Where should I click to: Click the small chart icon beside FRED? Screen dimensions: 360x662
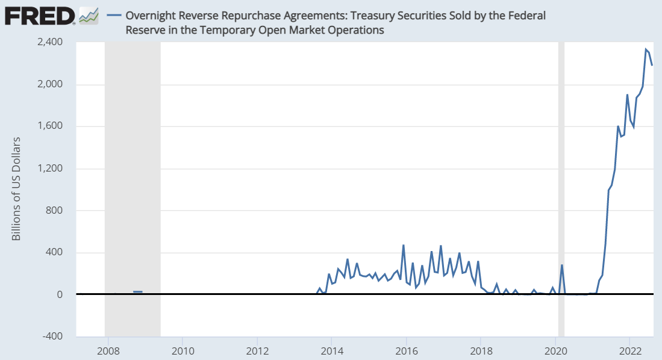(89, 16)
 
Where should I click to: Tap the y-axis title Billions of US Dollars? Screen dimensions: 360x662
(17, 189)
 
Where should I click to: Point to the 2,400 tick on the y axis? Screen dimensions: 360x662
(53, 42)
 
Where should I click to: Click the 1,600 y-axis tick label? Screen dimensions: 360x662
(53, 126)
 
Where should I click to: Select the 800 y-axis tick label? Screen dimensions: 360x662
(57, 211)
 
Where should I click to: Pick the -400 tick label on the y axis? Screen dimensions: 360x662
(55, 337)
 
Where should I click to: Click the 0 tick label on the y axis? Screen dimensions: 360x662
(61, 294)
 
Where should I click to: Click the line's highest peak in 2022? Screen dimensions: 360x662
(646, 49)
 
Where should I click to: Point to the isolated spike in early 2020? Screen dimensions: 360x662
(562, 265)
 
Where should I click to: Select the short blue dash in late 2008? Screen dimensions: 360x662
(138, 292)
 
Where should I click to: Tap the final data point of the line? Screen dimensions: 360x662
(652, 65)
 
